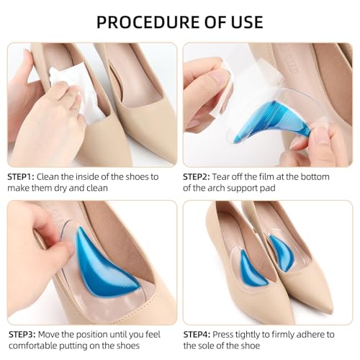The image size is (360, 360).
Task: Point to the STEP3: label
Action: [x=24, y=334]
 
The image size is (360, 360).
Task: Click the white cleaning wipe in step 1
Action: [x=76, y=90]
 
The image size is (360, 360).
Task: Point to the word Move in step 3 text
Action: [x=60, y=334]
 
